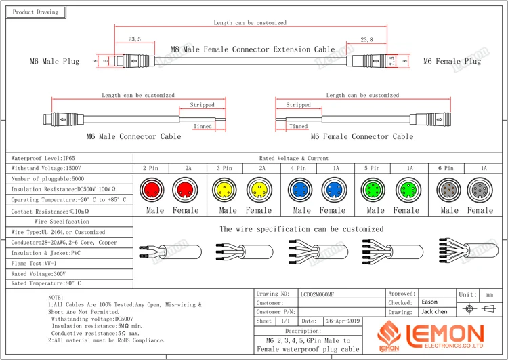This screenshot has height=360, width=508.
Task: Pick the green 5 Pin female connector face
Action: [x=406, y=188]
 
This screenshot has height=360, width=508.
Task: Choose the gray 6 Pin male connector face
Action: [x=448, y=188]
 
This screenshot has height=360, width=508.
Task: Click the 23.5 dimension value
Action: [x=134, y=40]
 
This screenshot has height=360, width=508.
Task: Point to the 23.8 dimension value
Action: [x=366, y=40]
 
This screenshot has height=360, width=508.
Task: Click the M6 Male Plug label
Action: [x=55, y=62]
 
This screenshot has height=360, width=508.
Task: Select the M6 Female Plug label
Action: [x=452, y=62]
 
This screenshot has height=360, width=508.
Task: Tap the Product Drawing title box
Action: [x=36, y=12]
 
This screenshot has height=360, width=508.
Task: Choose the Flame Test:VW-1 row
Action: [x=34, y=263]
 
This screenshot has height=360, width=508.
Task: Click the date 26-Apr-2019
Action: [x=343, y=321]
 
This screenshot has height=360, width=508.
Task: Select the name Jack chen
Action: [x=434, y=312]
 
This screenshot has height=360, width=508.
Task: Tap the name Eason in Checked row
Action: [x=429, y=302]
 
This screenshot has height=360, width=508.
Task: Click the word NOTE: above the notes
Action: [x=56, y=298]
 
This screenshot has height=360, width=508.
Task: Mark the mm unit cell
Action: [x=489, y=294]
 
